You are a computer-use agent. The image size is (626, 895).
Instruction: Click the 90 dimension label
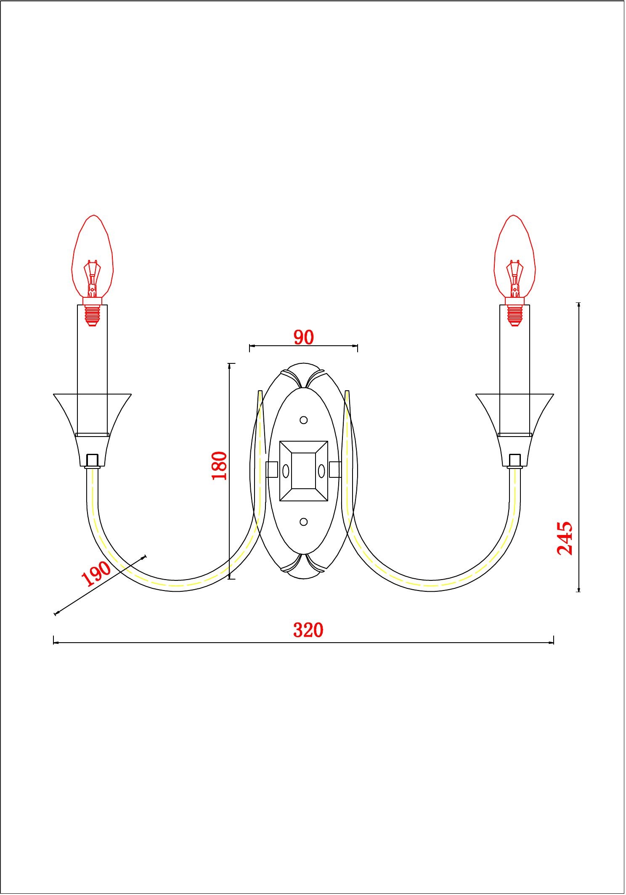[303, 337]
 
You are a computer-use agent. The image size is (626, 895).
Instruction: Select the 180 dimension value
[219, 466]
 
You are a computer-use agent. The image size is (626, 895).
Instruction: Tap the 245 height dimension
[565, 538]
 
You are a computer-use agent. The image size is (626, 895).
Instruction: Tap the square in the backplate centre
[303, 471]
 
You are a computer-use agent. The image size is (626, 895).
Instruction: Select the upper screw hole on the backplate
[303, 420]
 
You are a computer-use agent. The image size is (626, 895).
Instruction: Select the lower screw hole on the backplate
[303, 522]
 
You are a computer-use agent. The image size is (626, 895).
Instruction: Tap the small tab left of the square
[272, 469]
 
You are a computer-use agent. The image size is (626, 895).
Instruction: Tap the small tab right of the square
[335, 469]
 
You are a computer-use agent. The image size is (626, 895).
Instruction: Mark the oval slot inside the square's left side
[286, 471]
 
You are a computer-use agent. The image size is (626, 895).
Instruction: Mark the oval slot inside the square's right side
[321, 471]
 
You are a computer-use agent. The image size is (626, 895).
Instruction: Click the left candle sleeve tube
[93, 371]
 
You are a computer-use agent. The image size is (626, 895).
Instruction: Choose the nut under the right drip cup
[515, 461]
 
